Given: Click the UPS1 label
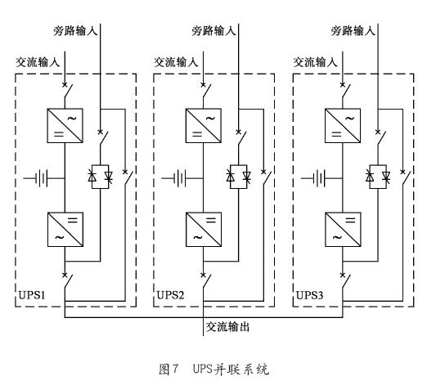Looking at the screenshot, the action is click(x=32, y=295).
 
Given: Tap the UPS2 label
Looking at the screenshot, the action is click(x=170, y=295).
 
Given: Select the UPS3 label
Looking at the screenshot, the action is click(x=309, y=295).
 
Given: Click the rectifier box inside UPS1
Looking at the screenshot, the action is click(x=65, y=126).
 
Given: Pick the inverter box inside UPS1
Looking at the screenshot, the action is click(x=65, y=230).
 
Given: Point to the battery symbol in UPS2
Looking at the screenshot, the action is click(x=178, y=178).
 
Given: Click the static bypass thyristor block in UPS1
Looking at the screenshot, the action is click(x=100, y=177).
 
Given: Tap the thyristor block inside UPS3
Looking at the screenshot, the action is click(x=378, y=177).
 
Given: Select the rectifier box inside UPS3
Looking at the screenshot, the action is click(x=343, y=126).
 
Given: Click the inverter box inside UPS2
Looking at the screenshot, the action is click(x=204, y=230).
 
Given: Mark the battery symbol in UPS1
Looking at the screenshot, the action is click(x=39, y=178).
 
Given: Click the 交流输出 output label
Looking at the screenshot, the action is click(x=227, y=327).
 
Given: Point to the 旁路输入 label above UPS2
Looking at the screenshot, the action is click(x=214, y=30).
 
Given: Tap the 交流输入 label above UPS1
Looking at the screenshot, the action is click(x=38, y=62).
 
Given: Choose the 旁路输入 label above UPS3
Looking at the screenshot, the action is click(x=353, y=30).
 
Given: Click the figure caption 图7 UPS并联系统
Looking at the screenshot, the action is click(x=214, y=370).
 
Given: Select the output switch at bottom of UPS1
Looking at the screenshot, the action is click(x=68, y=280).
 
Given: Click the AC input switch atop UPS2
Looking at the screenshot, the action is click(x=207, y=90).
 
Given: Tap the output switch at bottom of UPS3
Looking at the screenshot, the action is click(x=346, y=280).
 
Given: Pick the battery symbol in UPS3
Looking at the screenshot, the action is click(x=317, y=178).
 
